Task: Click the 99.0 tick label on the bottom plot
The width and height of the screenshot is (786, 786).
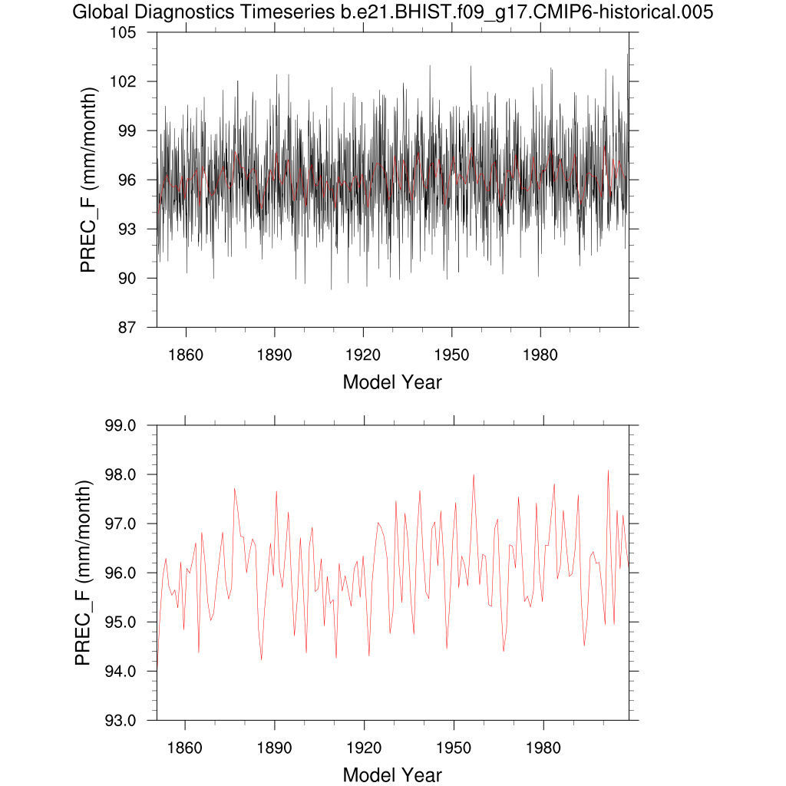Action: (120, 425)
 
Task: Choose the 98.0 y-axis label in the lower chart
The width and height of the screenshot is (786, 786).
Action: (120, 474)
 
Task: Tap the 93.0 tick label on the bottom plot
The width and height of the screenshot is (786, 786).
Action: (120, 720)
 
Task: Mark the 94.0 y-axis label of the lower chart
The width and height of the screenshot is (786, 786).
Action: (120, 671)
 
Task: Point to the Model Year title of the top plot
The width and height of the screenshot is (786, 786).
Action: (392, 381)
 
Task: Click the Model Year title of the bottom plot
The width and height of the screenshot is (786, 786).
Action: (392, 774)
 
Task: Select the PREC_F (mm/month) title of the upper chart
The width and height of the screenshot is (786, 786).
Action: (90, 180)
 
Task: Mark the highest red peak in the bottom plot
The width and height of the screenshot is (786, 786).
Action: (608, 471)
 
